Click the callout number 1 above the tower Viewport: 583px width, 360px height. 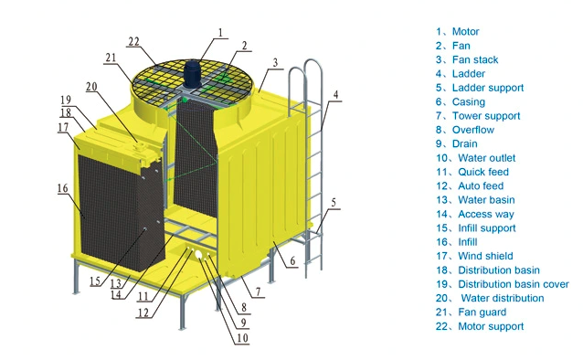tap(220, 32)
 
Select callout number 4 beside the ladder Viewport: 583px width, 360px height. tap(336, 94)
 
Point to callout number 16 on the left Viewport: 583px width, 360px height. tap(62, 188)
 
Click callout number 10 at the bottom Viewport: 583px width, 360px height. tap(241, 339)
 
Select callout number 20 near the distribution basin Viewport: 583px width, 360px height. tap(91, 87)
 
